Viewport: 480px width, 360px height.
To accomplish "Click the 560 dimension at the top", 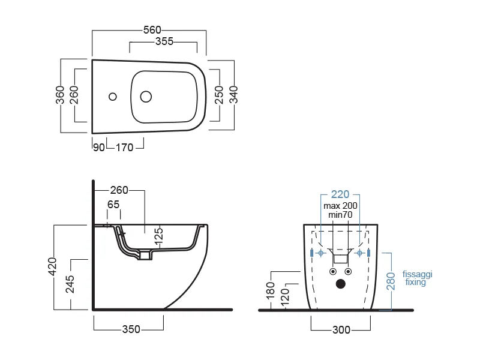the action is (x=152, y=30).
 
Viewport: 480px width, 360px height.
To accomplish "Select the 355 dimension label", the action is (x=164, y=41).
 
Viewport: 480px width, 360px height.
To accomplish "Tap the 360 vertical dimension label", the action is (x=61, y=95).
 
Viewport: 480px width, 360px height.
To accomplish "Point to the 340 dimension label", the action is (x=233, y=95).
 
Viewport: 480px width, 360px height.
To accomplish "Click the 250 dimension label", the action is (x=219, y=95).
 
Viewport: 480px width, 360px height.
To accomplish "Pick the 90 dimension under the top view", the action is (x=99, y=148).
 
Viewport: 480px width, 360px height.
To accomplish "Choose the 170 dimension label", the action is (x=125, y=148).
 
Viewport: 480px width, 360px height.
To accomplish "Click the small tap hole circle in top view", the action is (x=113, y=97).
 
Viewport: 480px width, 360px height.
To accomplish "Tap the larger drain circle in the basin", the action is (x=146, y=97).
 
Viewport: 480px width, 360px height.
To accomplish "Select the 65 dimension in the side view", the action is (x=113, y=205).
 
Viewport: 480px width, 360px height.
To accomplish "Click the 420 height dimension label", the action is (x=52, y=266).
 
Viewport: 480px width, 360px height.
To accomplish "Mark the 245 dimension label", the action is (x=70, y=284).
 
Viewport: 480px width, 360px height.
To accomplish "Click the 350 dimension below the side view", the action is (x=131, y=329).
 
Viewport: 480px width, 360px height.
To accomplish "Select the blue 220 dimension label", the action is (x=340, y=194).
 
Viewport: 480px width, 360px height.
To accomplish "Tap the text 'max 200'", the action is (x=340, y=206).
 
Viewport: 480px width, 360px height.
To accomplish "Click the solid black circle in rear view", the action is (x=341, y=284).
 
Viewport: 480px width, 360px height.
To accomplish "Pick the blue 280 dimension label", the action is (x=391, y=281).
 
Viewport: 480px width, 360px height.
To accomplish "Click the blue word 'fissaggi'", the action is (x=417, y=274).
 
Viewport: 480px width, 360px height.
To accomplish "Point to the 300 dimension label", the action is (x=341, y=330).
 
